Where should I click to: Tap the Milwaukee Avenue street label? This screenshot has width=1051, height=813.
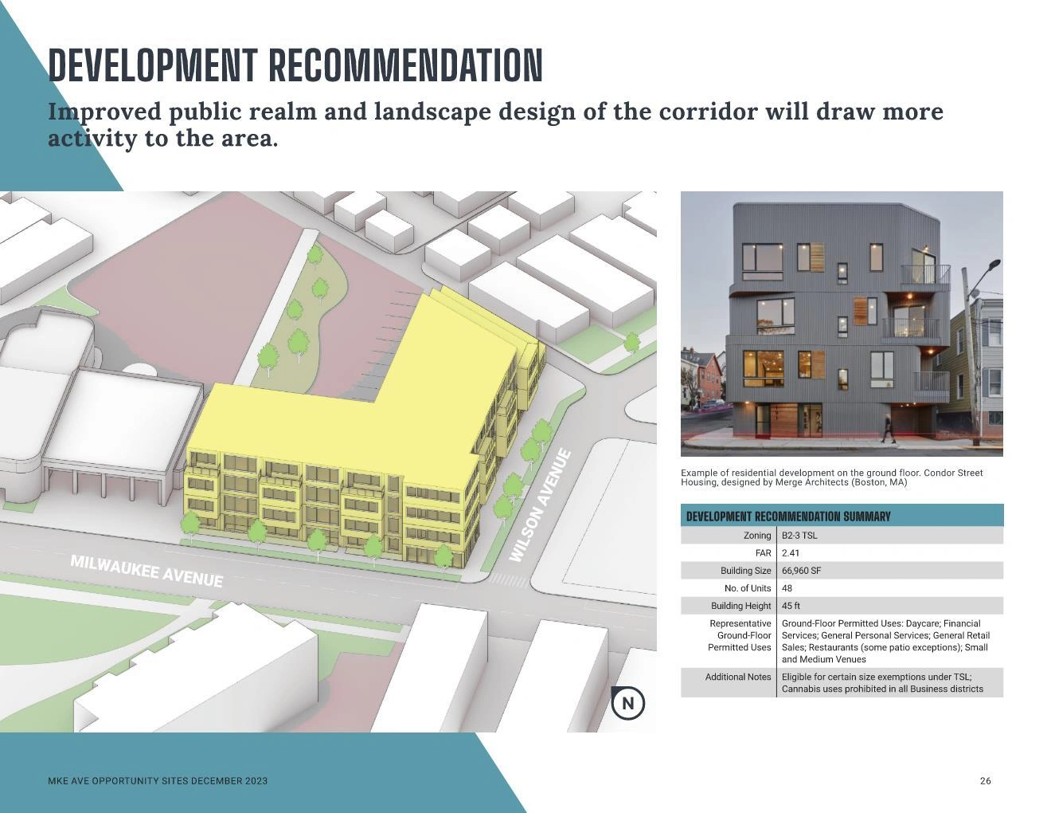(147, 571)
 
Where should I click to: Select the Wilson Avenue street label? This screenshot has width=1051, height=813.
(541, 505)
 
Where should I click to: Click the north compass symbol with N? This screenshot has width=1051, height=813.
(627, 702)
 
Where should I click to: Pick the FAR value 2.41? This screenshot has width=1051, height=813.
(791, 553)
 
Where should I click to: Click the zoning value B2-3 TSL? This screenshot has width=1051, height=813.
(799, 536)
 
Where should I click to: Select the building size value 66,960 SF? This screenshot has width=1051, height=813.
(801, 571)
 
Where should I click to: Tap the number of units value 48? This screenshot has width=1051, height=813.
(787, 588)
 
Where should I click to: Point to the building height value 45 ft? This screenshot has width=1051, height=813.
(791, 606)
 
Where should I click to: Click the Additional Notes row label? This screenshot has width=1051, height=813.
(737, 677)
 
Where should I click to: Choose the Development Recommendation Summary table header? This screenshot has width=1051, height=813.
(788, 516)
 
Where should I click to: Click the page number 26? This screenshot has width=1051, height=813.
(985, 781)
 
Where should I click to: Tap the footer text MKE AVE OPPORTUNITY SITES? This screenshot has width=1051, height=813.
(118, 781)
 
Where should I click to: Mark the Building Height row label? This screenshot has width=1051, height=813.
(740, 606)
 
